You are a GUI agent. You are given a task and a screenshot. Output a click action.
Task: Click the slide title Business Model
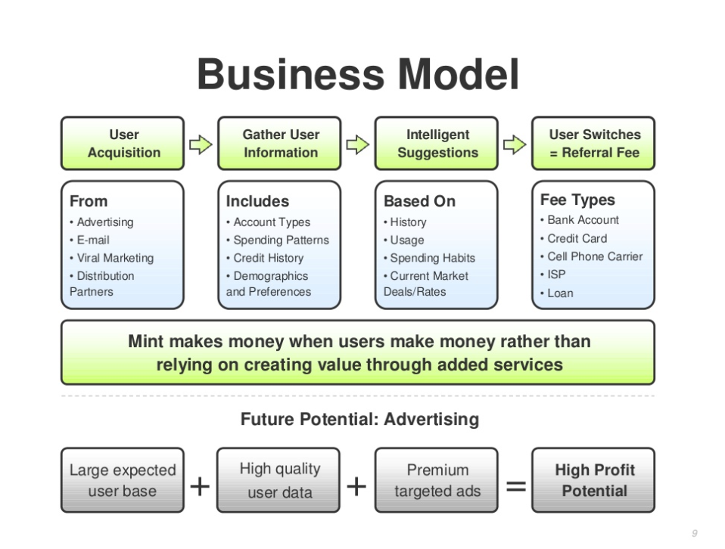[358, 75]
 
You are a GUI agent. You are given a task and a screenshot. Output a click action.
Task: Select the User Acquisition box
[123, 143]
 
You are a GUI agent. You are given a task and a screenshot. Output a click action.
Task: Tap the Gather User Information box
[279, 143]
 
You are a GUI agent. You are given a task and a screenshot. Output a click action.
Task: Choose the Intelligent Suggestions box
[437, 143]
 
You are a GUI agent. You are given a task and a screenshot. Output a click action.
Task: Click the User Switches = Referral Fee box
[593, 143]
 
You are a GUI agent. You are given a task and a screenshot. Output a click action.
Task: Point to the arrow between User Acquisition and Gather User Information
[201, 144]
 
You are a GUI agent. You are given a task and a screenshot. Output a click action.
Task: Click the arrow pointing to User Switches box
[515, 144]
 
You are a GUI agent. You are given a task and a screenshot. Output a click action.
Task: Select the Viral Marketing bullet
[111, 258]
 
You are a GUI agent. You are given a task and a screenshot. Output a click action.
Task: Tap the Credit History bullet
[265, 258]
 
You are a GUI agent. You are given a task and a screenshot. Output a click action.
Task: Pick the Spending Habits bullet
[430, 258]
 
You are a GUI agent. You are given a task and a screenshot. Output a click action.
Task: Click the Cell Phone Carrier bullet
[591, 256]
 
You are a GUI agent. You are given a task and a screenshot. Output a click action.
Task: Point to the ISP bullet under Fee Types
[553, 274]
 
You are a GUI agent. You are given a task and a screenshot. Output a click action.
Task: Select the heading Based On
[419, 201]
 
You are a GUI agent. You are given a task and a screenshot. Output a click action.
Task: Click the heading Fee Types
[577, 200]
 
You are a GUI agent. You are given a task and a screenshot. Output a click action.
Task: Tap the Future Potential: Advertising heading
[359, 419]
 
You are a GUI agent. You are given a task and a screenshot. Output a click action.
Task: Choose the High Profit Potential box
[593, 480]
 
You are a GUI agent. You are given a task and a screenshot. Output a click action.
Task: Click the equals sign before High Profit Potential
[516, 486]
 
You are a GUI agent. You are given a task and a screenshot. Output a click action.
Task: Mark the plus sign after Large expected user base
[200, 486]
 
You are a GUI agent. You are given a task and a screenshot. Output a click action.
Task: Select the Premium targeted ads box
[437, 480]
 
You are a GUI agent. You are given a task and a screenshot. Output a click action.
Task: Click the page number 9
[695, 533]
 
